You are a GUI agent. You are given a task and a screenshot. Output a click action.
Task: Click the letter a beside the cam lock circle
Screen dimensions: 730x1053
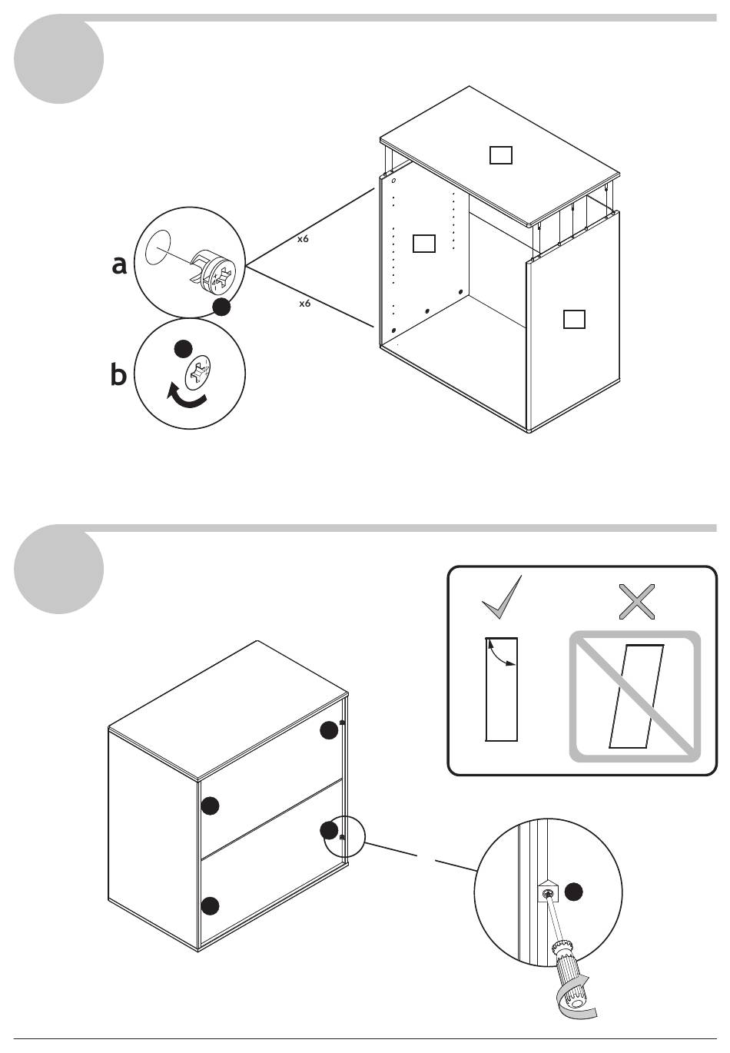pyautogui.click(x=119, y=264)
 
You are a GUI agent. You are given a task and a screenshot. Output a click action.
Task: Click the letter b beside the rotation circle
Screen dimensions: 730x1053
pyautogui.click(x=118, y=375)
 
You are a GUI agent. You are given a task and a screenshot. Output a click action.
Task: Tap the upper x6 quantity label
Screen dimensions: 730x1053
pyautogui.click(x=304, y=239)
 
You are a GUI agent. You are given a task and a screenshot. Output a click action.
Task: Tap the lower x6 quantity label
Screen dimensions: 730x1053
pyautogui.click(x=305, y=304)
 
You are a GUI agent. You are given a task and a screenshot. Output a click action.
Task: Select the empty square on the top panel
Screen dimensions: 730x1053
pyautogui.click(x=501, y=155)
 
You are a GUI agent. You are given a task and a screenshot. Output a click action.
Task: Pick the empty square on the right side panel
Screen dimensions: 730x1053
pyautogui.click(x=574, y=318)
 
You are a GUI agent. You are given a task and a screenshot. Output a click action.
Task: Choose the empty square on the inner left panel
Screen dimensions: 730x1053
pyautogui.click(x=424, y=243)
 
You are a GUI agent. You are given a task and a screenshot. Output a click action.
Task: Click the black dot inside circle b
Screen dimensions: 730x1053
pyautogui.click(x=183, y=348)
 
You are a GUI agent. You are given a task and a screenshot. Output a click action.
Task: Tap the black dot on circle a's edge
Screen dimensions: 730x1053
pyautogui.click(x=221, y=307)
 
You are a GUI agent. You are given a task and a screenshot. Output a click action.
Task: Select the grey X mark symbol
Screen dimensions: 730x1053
pyautogui.click(x=637, y=602)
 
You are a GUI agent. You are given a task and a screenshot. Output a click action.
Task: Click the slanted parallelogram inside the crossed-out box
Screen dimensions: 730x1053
pyautogui.click(x=635, y=696)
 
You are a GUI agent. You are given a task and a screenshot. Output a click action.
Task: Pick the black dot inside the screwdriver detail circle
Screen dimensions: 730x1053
pyautogui.click(x=574, y=892)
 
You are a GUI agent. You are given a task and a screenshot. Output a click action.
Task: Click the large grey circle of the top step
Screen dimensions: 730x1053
pyautogui.click(x=59, y=59)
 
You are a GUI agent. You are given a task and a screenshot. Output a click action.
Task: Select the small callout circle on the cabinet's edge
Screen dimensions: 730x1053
pyautogui.click(x=343, y=835)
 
